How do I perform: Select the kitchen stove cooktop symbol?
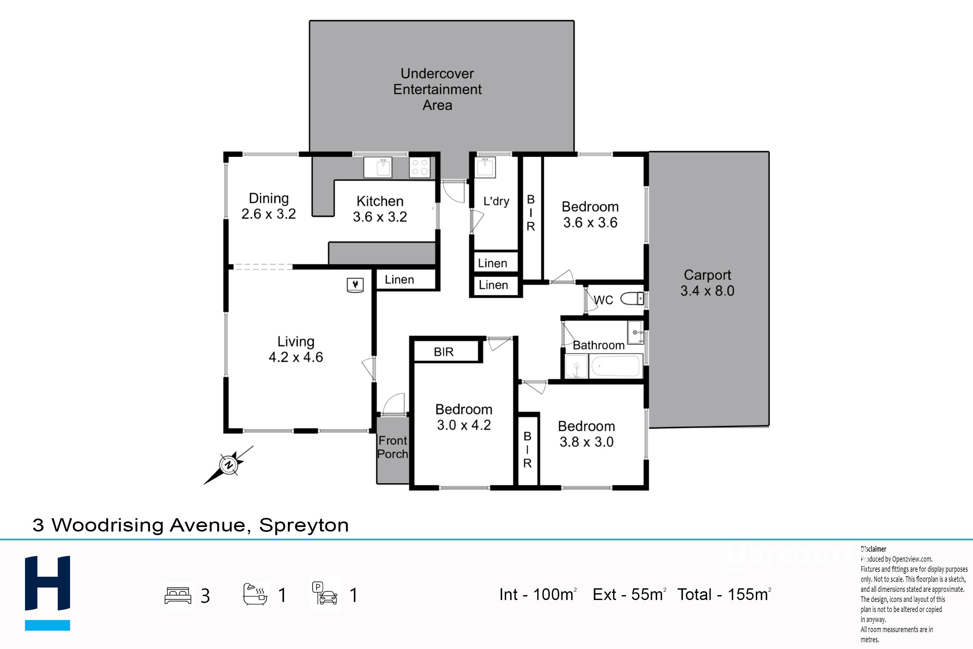pyautogui.click(x=419, y=167)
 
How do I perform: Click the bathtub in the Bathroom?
pyautogui.click(x=616, y=366)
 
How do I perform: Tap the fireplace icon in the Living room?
pyautogui.click(x=355, y=285)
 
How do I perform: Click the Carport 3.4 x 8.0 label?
pyautogui.click(x=707, y=283)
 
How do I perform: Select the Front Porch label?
pyautogui.click(x=392, y=447)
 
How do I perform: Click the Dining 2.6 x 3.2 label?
pyautogui.click(x=269, y=206)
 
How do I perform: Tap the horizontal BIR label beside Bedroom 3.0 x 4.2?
pyautogui.click(x=443, y=352)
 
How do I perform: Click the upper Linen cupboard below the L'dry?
pyautogui.click(x=492, y=263)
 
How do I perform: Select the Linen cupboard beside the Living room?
pyautogui.click(x=399, y=280)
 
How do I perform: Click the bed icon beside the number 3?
pyautogui.click(x=178, y=595)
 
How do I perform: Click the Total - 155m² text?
pyautogui.click(x=724, y=594)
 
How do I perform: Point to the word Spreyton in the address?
pyautogui.click(x=304, y=525)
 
